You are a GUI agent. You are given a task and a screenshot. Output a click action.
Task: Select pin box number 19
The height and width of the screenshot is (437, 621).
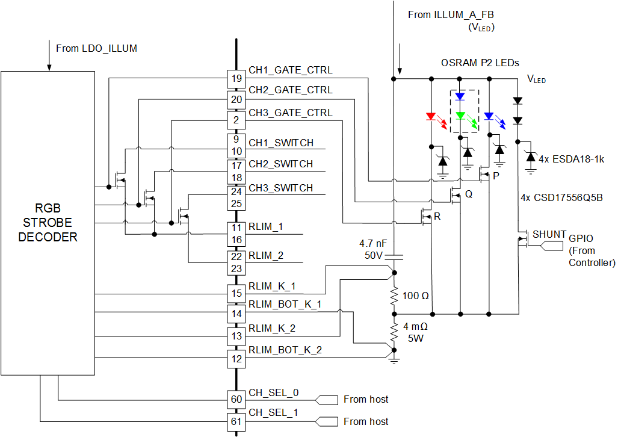[235, 78]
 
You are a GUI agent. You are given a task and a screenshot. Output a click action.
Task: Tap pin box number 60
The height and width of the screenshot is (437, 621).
[235, 399]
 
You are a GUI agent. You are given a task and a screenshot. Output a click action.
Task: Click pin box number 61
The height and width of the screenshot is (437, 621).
[235, 421]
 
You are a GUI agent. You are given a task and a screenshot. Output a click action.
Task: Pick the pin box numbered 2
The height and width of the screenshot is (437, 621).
[235, 120]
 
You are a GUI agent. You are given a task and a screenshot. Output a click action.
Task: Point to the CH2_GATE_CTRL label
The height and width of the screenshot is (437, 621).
[290, 90]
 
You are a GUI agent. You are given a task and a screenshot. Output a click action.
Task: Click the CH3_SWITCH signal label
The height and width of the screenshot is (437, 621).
[280, 188]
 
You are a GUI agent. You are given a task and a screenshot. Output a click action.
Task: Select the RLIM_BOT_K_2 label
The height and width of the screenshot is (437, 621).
[285, 350]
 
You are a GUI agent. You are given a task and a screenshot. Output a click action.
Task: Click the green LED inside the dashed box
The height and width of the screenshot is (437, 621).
[460, 115]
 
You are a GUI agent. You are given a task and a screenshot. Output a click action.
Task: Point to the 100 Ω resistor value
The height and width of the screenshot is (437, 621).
[416, 296]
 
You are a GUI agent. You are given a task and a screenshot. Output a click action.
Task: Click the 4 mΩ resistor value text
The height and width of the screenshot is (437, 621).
[416, 326]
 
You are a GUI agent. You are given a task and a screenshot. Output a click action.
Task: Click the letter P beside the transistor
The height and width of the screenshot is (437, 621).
[496, 176]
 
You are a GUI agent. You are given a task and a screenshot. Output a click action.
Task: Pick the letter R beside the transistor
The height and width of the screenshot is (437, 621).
[437, 217]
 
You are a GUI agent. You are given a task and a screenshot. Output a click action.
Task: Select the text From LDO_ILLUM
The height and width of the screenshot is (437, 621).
[96, 48]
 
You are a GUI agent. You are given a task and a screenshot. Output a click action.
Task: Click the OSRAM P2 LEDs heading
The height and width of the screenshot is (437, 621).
[480, 63]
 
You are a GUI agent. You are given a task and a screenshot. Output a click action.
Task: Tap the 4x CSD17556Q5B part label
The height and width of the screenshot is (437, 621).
[562, 197]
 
